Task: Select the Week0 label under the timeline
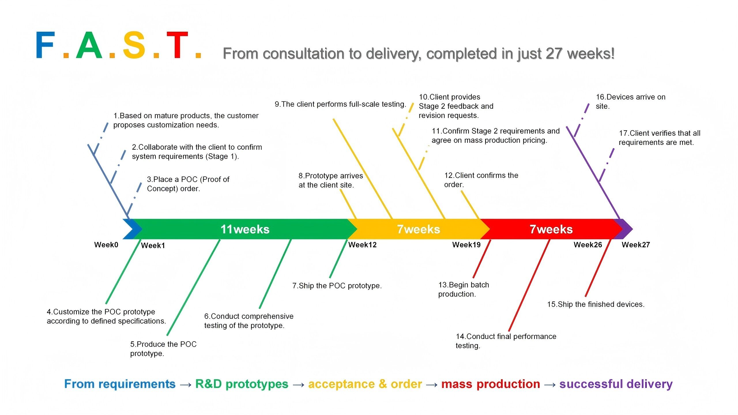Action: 106,245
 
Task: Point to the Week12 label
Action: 362,245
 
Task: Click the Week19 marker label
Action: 466,245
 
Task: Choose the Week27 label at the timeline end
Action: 636,245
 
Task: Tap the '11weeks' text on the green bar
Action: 245,229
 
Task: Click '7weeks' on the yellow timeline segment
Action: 418,229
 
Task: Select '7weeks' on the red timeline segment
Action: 551,229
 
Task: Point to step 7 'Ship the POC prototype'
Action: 337,286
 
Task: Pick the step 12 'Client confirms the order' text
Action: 481,180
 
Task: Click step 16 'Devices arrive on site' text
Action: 630,101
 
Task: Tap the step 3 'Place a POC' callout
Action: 188,184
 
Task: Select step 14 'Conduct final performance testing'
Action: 506,341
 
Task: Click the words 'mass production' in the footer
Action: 490,384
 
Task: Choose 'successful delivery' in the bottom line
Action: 616,384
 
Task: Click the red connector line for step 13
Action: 482,259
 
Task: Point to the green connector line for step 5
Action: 193,287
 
